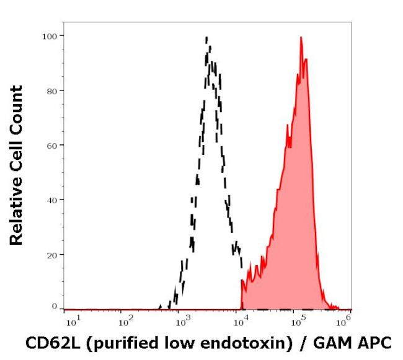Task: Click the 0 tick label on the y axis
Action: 54,307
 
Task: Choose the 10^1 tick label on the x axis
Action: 71,321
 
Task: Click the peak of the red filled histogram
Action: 301,38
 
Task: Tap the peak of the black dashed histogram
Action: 206,38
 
